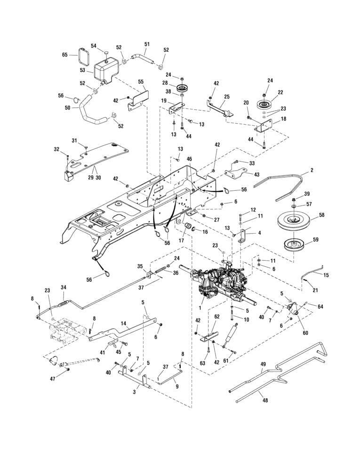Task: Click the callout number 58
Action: coord(321,215)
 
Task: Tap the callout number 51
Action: coord(147,44)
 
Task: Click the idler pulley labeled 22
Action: coord(264,104)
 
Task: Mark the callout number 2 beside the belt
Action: coord(312,170)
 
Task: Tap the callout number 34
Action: coord(64,287)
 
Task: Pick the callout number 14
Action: coord(123,324)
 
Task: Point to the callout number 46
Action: coord(189,159)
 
